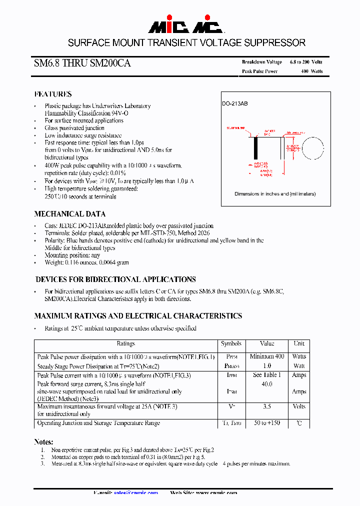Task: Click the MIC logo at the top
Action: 179,26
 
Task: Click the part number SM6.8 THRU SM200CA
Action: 82,64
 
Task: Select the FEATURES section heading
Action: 53,94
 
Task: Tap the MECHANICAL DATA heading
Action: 69,213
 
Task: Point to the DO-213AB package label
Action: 235,103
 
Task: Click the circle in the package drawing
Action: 314,148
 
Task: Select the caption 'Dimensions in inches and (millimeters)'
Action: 275,194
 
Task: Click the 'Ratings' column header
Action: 125,344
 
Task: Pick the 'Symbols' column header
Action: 231,344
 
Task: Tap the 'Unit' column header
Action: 299,344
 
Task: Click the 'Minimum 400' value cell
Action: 267,356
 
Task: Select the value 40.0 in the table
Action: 267,384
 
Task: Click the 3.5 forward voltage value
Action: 267,407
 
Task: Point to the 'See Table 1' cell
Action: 267,375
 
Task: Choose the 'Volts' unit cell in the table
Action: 299,407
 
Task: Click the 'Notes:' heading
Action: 43,442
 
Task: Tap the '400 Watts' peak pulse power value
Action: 312,71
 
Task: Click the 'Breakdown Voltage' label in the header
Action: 262,62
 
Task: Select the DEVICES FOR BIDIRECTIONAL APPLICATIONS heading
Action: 115,279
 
